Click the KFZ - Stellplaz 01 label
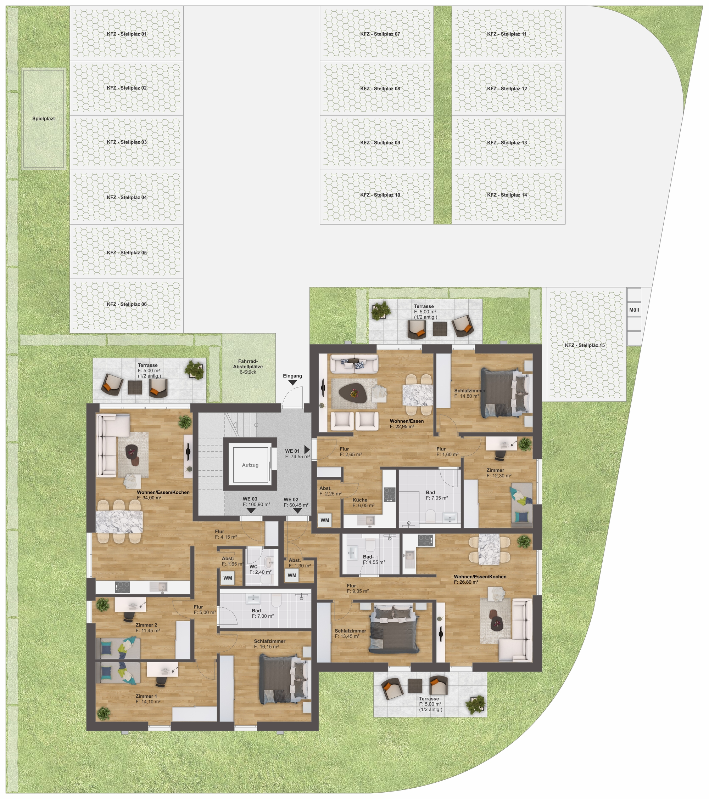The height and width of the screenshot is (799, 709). [x=127, y=34]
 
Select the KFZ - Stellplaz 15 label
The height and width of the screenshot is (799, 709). [x=585, y=345]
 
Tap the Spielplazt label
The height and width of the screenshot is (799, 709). [x=44, y=118]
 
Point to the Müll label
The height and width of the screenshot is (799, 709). [x=634, y=310]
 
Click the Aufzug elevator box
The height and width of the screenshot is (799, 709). [x=250, y=465]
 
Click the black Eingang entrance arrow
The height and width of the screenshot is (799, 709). [x=292, y=383]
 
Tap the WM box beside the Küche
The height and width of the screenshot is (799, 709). [x=325, y=520]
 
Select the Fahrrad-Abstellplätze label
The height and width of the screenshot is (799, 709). [x=248, y=367]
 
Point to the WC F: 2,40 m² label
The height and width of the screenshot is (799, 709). [x=260, y=569]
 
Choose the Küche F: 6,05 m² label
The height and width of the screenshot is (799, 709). [x=363, y=502]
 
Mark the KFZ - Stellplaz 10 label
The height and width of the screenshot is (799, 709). [x=380, y=195]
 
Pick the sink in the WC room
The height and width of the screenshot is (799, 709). [x=269, y=563]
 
